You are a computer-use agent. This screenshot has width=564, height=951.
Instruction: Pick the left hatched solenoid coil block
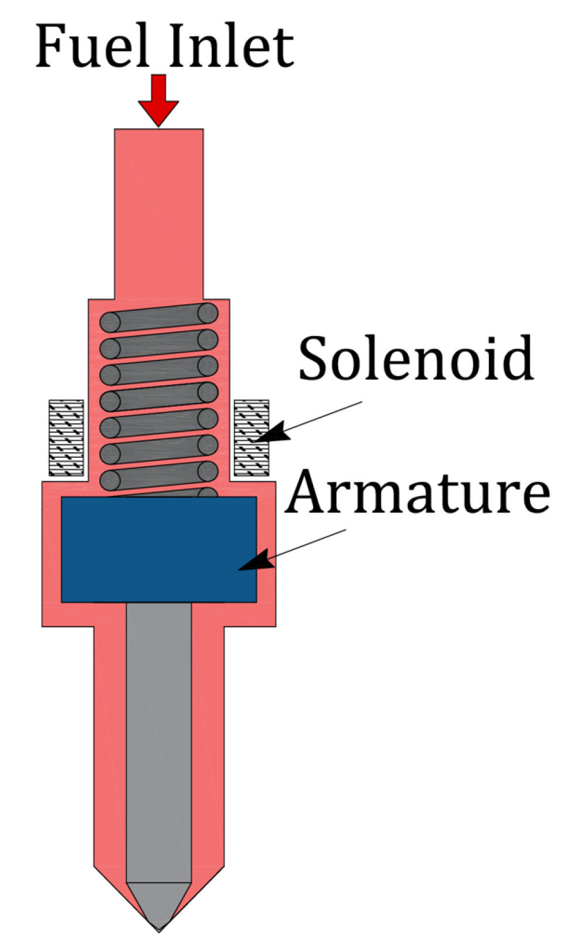click(66, 437)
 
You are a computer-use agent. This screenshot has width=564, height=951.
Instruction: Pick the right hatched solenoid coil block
click(251, 437)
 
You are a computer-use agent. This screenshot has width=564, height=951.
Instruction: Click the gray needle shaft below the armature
click(158, 733)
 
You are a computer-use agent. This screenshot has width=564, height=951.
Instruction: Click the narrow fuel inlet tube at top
click(158, 211)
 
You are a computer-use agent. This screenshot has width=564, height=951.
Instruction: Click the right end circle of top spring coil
click(207, 313)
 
